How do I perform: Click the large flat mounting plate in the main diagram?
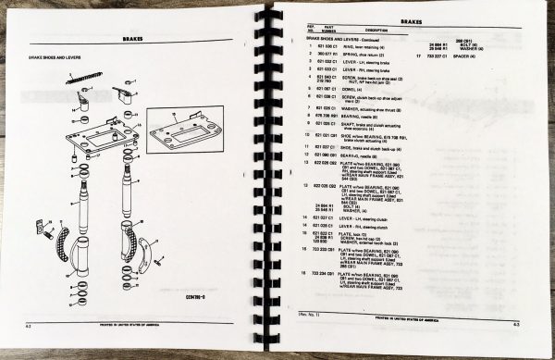coord(105,139)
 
